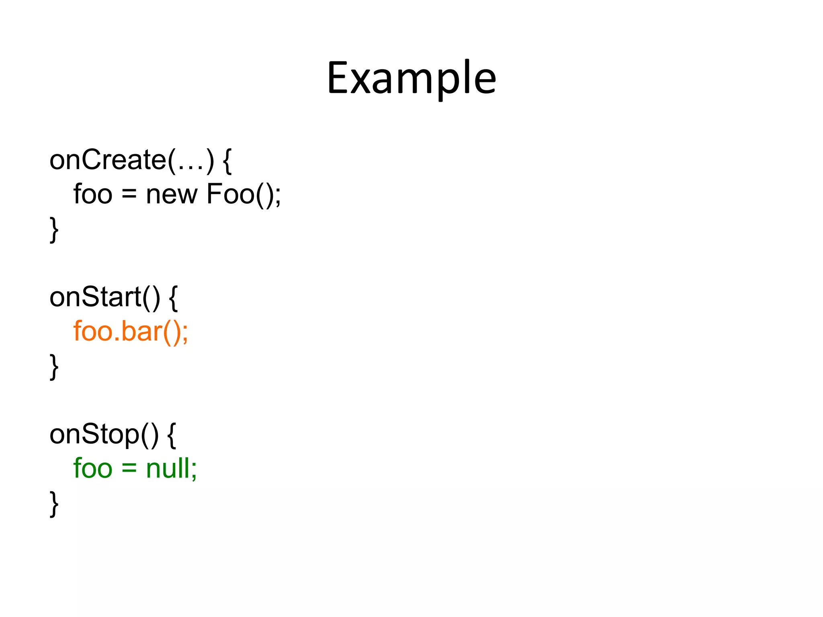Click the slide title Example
pos(411,78)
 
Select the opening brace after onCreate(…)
pos(227,161)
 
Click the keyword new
pos(172,195)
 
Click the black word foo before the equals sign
pos(93,194)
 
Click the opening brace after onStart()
pos(173,298)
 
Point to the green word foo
pos(93,468)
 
